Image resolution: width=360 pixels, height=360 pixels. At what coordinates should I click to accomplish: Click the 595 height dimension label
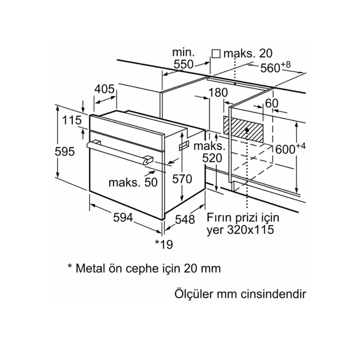65,152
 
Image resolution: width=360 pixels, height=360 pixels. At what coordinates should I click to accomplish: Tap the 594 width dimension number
123,217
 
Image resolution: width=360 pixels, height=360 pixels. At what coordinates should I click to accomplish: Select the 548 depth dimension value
185,219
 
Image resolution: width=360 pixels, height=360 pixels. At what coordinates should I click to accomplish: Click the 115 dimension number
72,120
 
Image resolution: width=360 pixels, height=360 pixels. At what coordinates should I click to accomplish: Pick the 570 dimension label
182,179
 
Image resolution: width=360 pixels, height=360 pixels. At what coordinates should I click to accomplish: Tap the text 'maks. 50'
133,182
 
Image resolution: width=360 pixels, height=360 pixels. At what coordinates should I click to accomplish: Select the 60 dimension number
272,103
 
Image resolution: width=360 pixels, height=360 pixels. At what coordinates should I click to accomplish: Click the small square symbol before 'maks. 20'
216,54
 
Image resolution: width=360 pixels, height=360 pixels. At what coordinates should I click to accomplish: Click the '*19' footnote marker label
164,244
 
